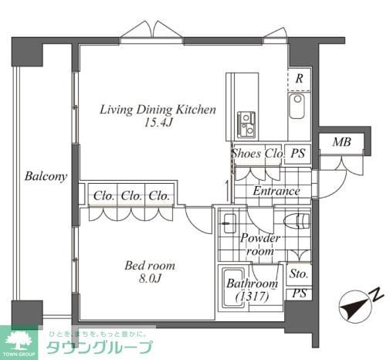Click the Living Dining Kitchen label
click(x=158, y=109)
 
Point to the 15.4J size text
click(x=158, y=122)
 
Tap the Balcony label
click(x=45, y=176)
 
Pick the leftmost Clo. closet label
click(x=104, y=195)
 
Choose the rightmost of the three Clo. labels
click(x=160, y=195)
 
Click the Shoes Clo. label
click(x=256, y=154)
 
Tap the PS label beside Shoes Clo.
click(x=297, y=154)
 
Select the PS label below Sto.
click(x=298, y=293)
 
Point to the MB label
click(x=341, y=142)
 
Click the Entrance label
click(x=276, y=191)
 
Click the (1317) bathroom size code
click(x=251, y=297)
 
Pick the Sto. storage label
click(x=298, y=273)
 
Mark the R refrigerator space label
click(x=298, y=78)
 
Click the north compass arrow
click(x=358, y=304)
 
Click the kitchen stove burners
click(x=247, y=121)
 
